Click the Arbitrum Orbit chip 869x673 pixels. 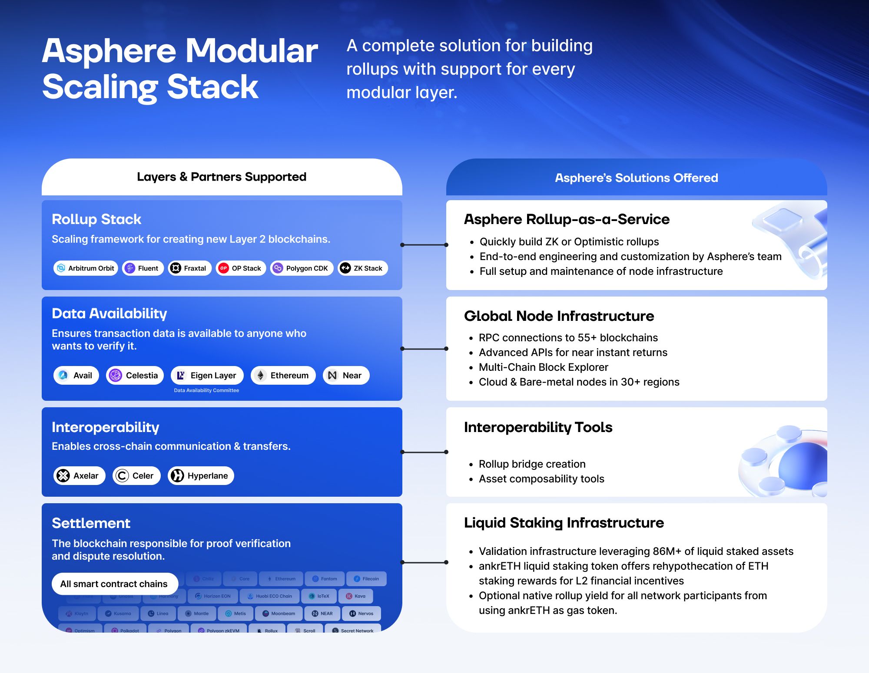(x=86, y=268)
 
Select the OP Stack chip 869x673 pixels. (x=241, y=268)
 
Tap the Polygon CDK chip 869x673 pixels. (x=302, y=268)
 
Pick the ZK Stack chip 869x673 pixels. (x=362, y=268)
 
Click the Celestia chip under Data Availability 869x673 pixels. (x=135, y=376)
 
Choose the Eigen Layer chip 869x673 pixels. (x=207, y=376)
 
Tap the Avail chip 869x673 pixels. (x=76, y=376)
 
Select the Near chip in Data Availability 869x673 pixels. (x=346, y=376)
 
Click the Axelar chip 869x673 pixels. (x=80, y=476)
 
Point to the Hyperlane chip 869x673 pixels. (x=201, y=476)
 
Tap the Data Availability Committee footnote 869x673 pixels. (x=206, y=390)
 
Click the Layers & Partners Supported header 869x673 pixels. (x=222, y=177)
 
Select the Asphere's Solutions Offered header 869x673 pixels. (x=636, y=178)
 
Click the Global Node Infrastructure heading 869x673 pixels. (x=559, y=316)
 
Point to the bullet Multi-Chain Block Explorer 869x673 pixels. (x=543, y=367)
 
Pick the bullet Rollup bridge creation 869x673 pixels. (x=532, y=464)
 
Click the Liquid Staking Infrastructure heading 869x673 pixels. (x=564, y=523)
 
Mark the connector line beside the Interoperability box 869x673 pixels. (x=424, y=452)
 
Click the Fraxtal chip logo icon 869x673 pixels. (x=176, y=268)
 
